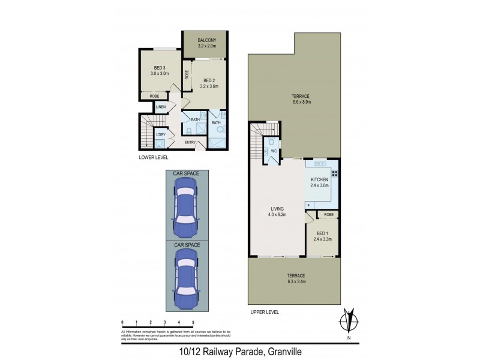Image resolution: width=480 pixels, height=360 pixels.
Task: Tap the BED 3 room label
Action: point(159,68)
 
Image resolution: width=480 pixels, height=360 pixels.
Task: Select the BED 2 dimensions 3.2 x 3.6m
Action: point(209,86)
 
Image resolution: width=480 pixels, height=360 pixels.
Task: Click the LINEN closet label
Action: point(160,107)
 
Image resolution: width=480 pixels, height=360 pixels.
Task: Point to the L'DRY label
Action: point(160,134)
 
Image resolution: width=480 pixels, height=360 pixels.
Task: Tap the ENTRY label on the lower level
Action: point(190,142)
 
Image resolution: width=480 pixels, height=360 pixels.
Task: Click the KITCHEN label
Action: point(319,180)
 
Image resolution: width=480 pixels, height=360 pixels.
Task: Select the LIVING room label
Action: point(277,209)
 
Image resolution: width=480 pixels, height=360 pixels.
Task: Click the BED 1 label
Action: point(322,233)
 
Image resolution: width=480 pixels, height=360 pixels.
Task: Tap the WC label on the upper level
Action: point(272,151)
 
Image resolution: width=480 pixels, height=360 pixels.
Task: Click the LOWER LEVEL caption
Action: point(153,157)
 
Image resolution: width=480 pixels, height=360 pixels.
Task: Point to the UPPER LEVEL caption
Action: point(265,312)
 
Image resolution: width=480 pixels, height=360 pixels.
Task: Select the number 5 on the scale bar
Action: point(193,323)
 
